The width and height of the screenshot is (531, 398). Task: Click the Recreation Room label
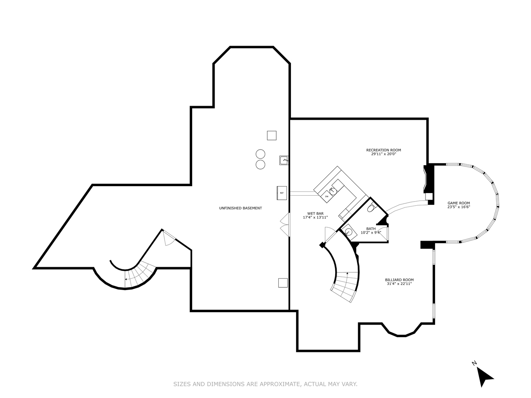tap(383, 150)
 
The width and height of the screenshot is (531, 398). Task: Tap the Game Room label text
tap(459, 203)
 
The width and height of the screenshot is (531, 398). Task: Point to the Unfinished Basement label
tap(240, 208)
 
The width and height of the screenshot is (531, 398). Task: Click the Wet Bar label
tap(315, 213)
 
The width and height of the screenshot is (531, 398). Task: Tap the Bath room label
tap(371, 228)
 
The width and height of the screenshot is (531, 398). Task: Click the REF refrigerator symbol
tap(282, 193)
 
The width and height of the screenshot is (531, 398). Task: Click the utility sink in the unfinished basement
tap(284, 160)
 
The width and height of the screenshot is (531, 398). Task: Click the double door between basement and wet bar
tap(284, 224)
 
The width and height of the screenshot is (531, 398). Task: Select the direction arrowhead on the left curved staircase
tap(126, 279)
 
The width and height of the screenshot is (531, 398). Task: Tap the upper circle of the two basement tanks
tap(260, 154)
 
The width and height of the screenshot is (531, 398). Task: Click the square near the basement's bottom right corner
tap(283, 283)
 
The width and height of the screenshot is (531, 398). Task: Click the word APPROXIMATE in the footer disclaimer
tap(280, 384)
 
